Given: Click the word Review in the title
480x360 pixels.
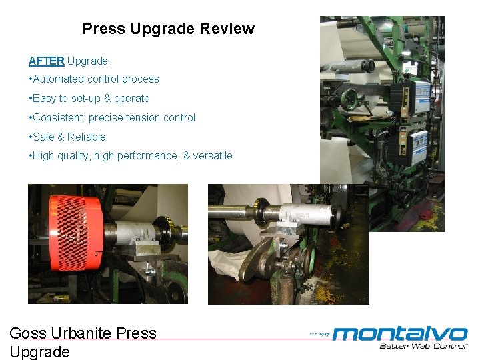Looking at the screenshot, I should (230, 29).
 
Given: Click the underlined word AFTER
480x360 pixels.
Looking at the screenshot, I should (46, 61).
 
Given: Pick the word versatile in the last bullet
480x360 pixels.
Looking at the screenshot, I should (213, 155).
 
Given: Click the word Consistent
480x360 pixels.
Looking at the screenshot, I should (59, 117).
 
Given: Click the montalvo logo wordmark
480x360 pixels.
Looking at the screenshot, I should (400, 333).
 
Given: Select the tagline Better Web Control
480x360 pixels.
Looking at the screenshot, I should (423, 345).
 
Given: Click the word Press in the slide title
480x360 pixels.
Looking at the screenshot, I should (103, 29).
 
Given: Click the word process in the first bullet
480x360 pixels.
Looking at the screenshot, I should (141, 79).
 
